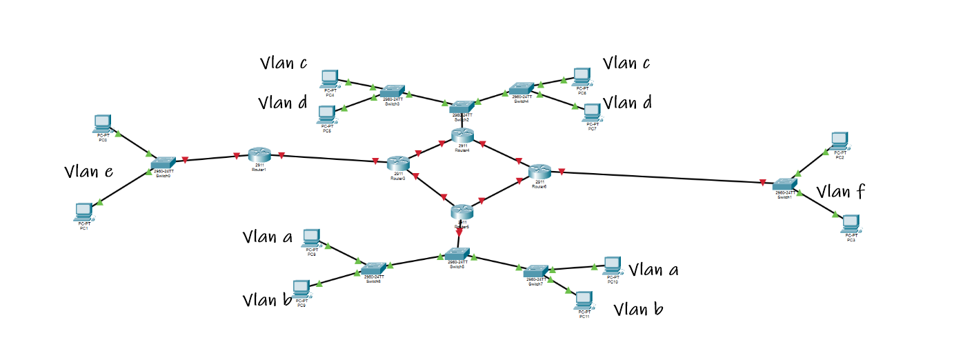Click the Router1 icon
pyautogui.click(x=259, y=154)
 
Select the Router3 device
pyautogui.click(x=398, y=163)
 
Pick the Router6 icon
pyautogui.click(x=539, y=171)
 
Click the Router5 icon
pyautogui.click(x=462, y=212)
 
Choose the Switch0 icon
pyautogui.click(x=163, y=163)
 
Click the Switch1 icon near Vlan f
pyautogui.click(x=784, y=184)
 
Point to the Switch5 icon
pyautogui.click(x=457, y=254)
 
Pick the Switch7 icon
pyautogui.click(x=536, y=271)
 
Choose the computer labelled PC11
pyautogui.click(x=584, y=299)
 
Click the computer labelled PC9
pyautogui.click(x=301, y=288)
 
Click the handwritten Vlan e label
pyautogui.click(x=88, y=172)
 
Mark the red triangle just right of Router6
pyautogui.click(x=562, y=171)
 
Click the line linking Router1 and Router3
pyautogui.click(x=324, y=158)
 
